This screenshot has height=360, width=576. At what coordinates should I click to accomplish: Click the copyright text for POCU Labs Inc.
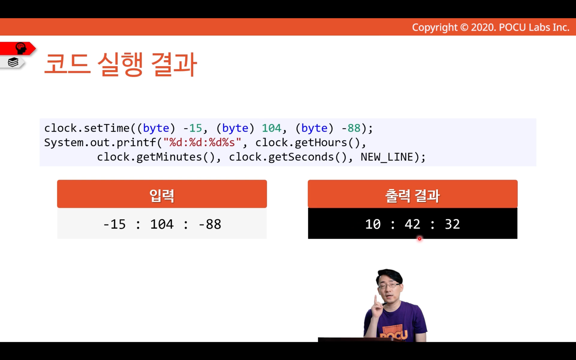pos(491,27)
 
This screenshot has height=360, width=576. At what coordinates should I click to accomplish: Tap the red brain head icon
pos(21,48)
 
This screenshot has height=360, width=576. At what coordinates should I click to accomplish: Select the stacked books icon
pos(13,62)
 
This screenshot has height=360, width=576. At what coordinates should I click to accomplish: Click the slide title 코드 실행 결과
pos(121,64)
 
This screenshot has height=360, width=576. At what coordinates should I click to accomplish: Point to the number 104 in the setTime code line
pos(272,128)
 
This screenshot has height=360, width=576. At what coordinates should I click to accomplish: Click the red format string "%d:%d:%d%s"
pos(202,142)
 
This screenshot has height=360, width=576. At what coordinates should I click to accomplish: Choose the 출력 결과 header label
pos(413,196)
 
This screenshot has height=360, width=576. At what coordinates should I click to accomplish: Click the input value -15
pos(114,224)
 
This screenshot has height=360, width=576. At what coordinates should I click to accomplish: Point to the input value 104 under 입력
pos(162,224)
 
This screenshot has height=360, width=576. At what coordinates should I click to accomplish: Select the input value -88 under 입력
pos(210,224)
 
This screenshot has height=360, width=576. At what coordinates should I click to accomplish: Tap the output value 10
pos(373,224)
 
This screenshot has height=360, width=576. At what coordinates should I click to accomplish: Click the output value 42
pos(413,224)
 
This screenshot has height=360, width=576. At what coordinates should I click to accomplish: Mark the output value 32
pos(452,224)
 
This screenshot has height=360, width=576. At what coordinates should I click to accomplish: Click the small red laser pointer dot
pos(420,239)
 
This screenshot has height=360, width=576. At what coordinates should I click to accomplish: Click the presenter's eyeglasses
pos(390,285)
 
